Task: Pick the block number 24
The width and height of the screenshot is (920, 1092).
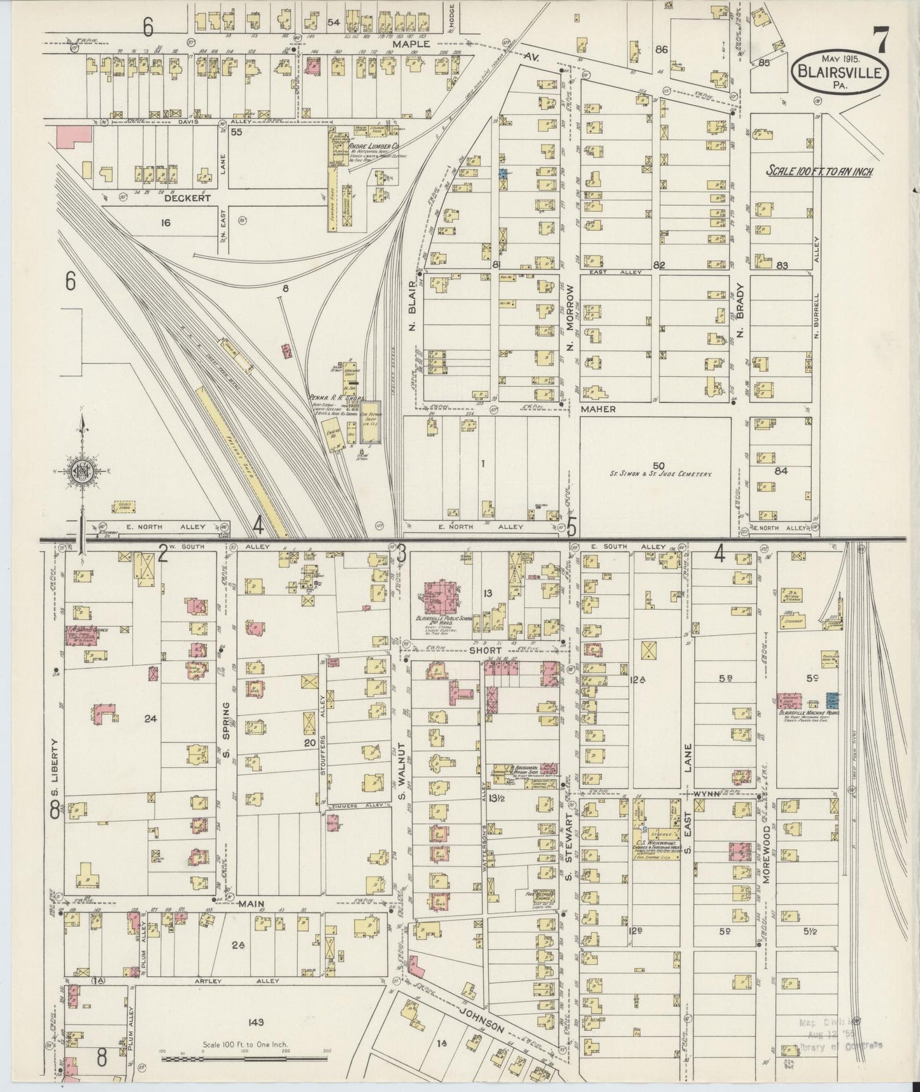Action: pos(150,719)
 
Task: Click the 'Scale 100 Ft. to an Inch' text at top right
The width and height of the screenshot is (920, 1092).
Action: pos(819,171)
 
